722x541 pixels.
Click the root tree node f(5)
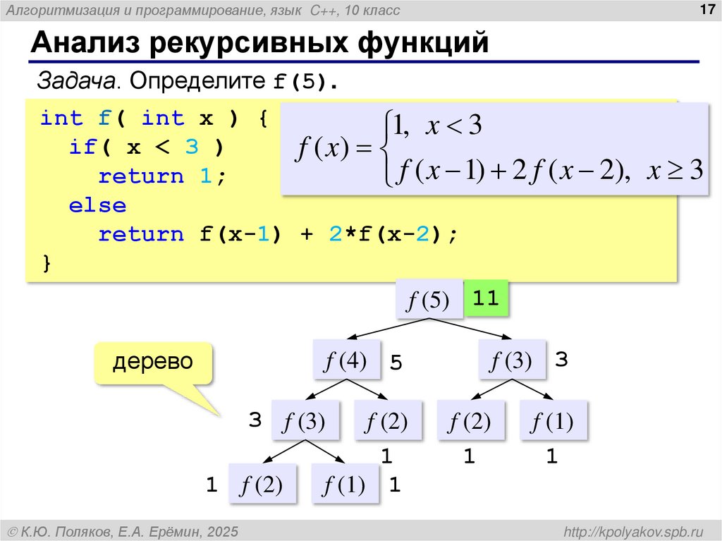point(429,300)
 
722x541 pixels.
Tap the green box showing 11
point(486,298)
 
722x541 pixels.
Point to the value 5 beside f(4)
point(396,364)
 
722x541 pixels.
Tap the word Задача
point(78,82)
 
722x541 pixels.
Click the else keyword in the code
point(97,206)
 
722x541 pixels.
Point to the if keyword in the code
point(83,147)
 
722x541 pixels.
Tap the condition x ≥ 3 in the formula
point(675,171)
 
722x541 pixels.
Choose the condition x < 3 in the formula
point(455,127)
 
